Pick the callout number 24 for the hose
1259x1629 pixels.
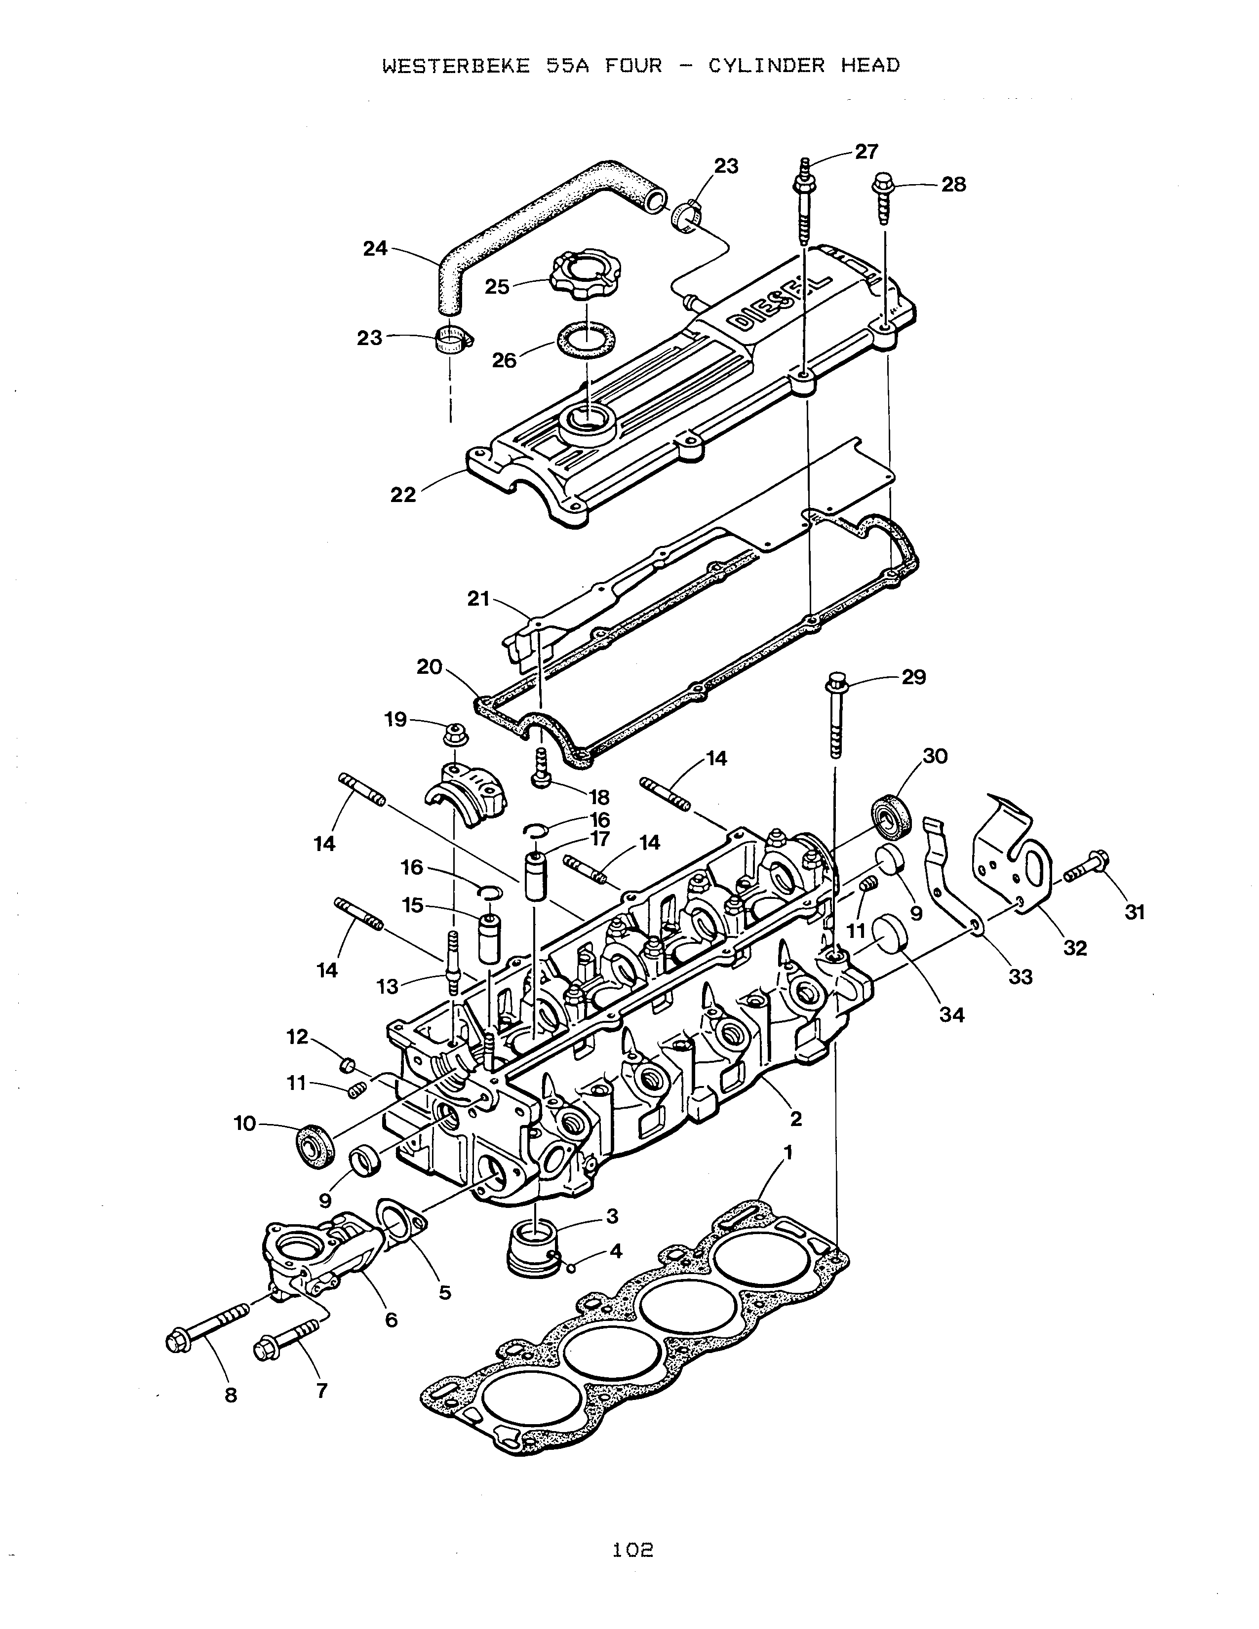tap(375, 248)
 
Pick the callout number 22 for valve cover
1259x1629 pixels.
tap(403, 495)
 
